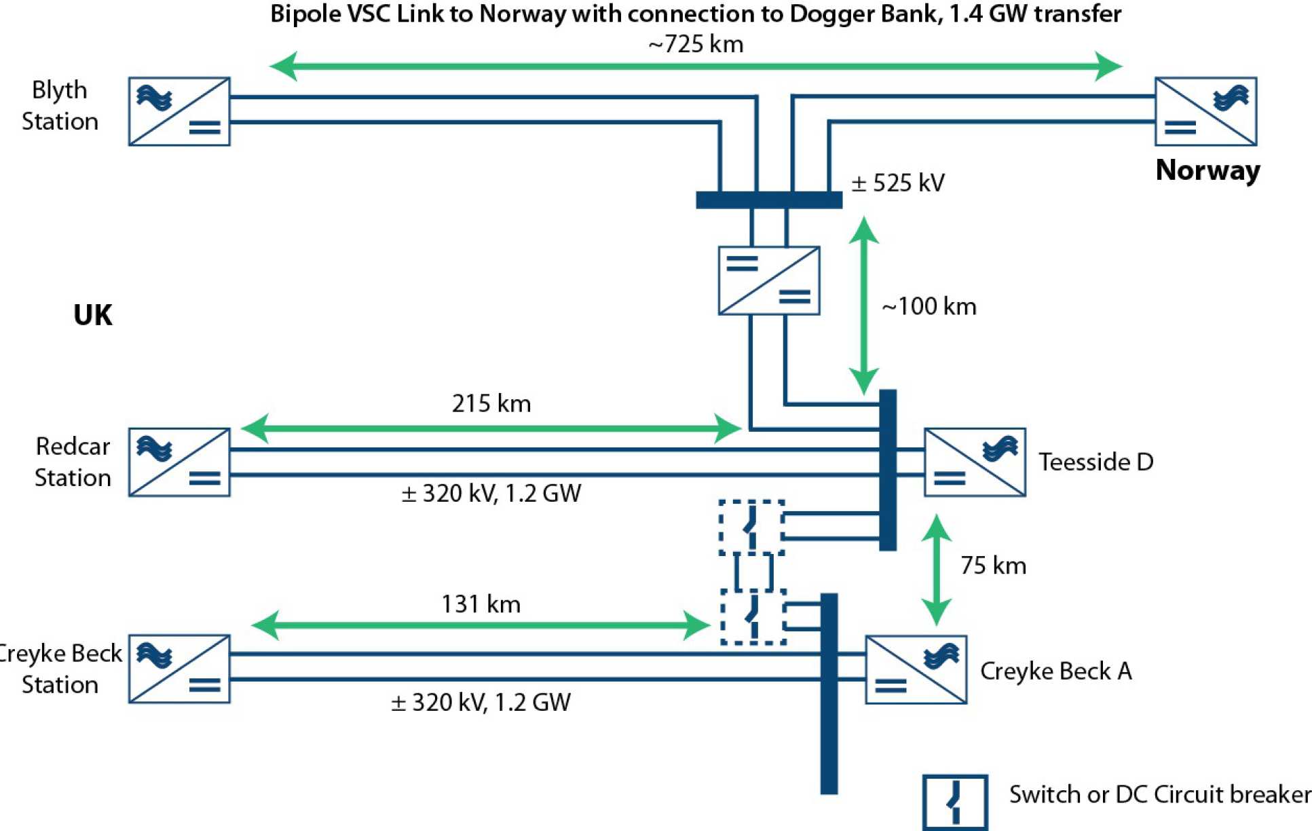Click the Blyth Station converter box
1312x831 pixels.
(179, 111)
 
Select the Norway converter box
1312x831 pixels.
(1205, 111)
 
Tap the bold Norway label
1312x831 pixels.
(1207, 170)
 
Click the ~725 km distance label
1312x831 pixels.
(696, 44)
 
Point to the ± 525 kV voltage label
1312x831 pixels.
(897, 183)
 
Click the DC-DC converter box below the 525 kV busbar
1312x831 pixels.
(769, 280)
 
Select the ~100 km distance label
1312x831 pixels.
(929, 307)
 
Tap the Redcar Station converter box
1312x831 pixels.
(179, 462)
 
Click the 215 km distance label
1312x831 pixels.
(491, 403)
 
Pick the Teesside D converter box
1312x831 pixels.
(975, 462)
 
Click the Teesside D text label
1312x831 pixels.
(1095, 462)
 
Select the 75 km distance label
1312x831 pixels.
(992, 566)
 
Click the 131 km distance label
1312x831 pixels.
(481, 604)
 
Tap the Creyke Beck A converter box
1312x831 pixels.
(916, 669)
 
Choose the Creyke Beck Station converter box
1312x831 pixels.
(179, 669)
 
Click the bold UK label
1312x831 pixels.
(92, 316)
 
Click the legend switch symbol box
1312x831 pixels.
(955, 802)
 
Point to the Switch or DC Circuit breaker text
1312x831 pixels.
(1159, 794)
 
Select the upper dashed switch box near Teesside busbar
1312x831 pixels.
(752, 528)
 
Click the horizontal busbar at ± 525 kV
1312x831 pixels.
(769, 200)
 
